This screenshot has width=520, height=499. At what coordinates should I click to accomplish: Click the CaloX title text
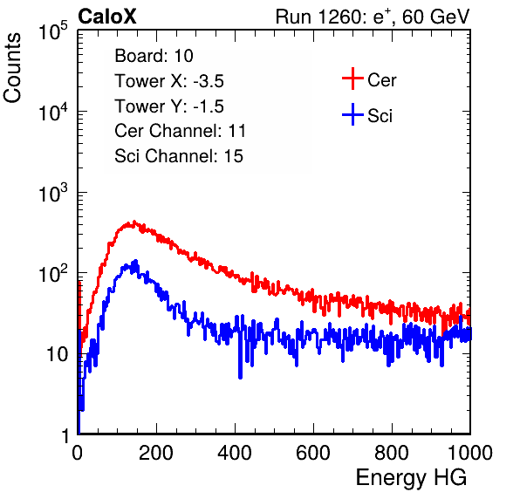[107, 17]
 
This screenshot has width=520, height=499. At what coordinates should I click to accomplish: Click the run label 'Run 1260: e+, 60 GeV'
[373, 17]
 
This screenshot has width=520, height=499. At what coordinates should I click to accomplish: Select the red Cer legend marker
[352, 79]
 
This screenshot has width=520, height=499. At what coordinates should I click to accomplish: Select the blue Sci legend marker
[352, 115]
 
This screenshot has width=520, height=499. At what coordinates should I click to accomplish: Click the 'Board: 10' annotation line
[154, 56]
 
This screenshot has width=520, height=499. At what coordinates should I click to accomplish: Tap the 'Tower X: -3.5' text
[169, 81]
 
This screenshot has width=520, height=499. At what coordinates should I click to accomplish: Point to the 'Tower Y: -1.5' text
[169, 106]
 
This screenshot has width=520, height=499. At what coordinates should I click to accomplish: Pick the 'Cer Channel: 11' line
[180, 131]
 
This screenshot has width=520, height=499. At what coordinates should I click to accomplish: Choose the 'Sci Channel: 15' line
[179, 156]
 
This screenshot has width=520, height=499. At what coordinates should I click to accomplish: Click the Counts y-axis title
[12, 68]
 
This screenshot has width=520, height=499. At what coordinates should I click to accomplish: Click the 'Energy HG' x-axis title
[411, 478]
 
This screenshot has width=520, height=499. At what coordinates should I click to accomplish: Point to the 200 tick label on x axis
[156, 453]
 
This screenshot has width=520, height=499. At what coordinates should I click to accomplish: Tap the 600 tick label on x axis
[313, 453]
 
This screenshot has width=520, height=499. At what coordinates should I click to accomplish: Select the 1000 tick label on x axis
[470, 453]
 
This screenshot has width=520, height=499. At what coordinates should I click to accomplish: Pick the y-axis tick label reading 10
[57, 354]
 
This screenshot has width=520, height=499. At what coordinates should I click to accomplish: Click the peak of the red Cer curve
[134, 222]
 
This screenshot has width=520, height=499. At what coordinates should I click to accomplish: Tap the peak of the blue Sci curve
[135, 261]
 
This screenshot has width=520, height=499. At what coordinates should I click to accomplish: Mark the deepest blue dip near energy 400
[241, 378]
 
